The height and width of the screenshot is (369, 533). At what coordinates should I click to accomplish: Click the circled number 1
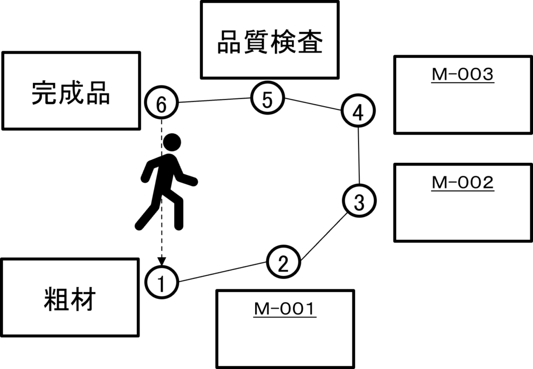click(161, 283)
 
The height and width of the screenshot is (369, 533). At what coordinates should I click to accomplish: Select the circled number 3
click(359, 201)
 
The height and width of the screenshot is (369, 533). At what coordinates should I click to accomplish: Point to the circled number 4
click(359, 112)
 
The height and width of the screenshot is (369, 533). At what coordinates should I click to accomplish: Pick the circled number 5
click(268, 99)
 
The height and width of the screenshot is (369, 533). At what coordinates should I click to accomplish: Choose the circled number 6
click(161, 104)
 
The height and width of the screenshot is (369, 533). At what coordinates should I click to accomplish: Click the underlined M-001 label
click(285, 310)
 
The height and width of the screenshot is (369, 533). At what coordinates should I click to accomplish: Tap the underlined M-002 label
click(463, 183)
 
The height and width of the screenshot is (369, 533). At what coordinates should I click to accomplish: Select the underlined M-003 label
click(463, 75)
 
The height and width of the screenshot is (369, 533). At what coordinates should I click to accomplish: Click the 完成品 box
click(71, 91)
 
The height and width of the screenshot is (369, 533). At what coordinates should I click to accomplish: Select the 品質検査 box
click(270, 40)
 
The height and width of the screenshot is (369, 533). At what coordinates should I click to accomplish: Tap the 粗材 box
click(70, 297)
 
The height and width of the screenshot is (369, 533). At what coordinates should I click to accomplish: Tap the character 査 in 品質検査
click(310, 43)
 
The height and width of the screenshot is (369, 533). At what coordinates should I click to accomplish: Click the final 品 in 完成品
click(97, 93)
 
